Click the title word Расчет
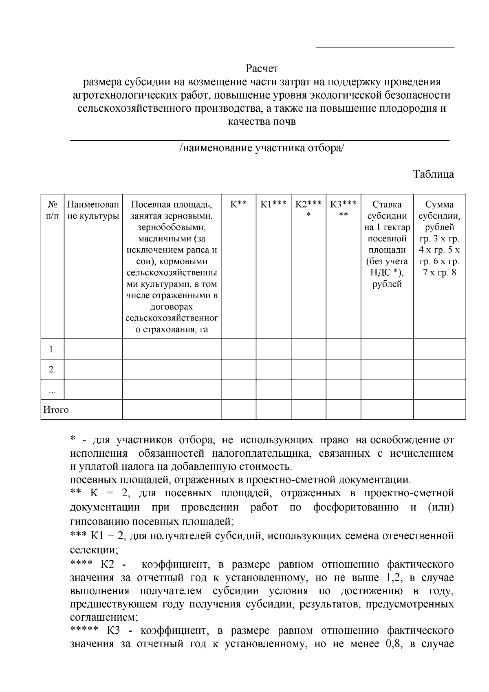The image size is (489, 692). (x=262, y=68)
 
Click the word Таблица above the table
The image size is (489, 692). (x=434, y=174)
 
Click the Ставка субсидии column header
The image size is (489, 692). (x=387, y=244)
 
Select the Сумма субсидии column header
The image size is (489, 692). (x=439, y=238)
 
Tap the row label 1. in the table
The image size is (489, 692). (x=52, y=349)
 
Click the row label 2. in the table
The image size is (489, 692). (x=52, y=369)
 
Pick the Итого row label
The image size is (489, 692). (x=56, y=409)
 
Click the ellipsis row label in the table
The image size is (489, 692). (x=52, y=391)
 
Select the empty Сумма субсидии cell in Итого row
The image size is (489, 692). (x=439, y=409)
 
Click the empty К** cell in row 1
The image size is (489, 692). (x=238, y=349)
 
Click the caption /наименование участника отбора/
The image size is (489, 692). (x=262, y=148)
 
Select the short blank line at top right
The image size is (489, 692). (x=385, y=48)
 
